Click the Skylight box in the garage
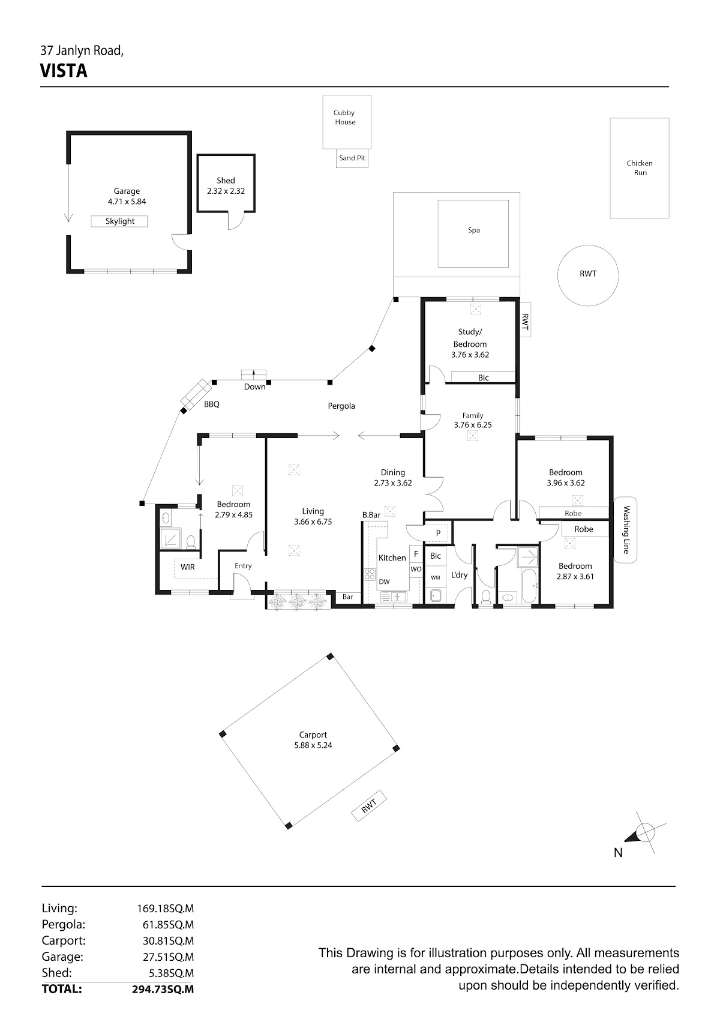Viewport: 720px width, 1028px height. pyautogui.click(x=119, y=221)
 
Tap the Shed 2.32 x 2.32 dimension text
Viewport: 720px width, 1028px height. pyautogui.click(x=226, y=191)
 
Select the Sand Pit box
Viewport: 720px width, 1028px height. pyautogui.click(x=352, y=158)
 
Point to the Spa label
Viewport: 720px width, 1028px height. pyautogui.click(x=474, y=230)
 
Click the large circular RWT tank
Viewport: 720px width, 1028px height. pyautogui.click(x=588, y=275)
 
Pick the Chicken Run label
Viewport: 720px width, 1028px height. pyautogui.click(x=640, y=168)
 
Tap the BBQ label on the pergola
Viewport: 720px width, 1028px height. pyautogui.click(x=212, y=404)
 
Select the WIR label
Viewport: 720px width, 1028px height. pyautogui.click(x=188, y=567)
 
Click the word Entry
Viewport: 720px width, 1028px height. pyautogui.click(x=243, y=566)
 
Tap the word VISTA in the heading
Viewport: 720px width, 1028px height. pyautogui.click(x=64, y=71)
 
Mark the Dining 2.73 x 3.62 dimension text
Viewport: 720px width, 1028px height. pyautogui.click(x=393, y=482)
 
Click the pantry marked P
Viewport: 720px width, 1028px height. pyautogui.click(x=438, y=533)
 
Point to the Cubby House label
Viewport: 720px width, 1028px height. pyautogui.click(x=344, y=118)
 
